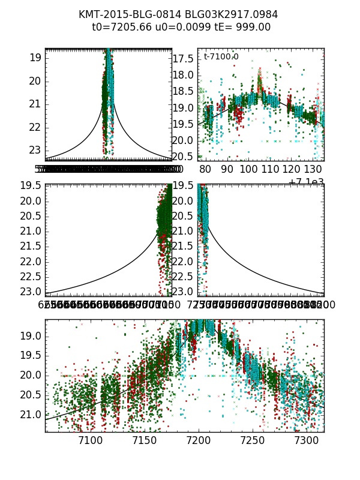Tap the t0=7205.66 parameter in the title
click(x=119, y=27)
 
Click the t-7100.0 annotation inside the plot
click(x=221, y=56)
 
